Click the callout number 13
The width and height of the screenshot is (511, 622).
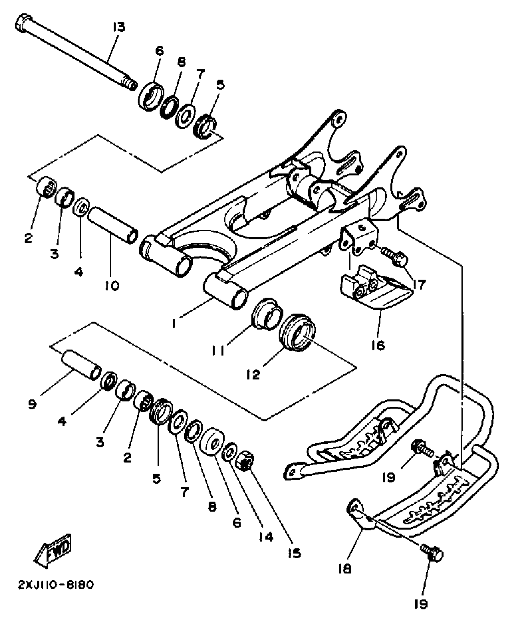click(119, 27)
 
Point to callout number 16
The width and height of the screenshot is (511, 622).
click(378, 345)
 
